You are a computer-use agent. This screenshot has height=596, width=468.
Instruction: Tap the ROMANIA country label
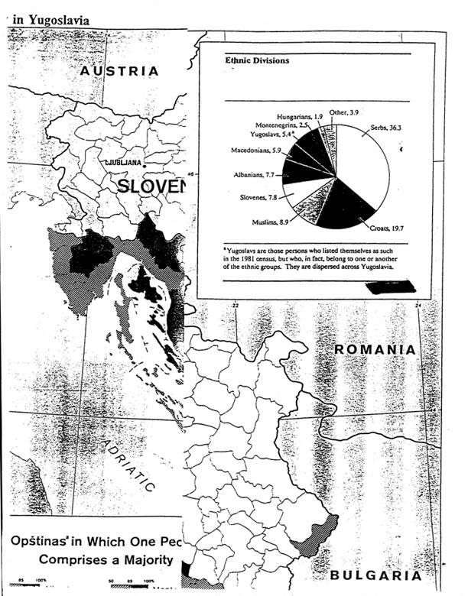click(x=375, y=349)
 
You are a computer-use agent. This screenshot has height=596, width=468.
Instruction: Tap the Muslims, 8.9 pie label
click(x=268, y=222)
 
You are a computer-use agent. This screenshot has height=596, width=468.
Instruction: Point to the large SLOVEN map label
click(x=152, y=187)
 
